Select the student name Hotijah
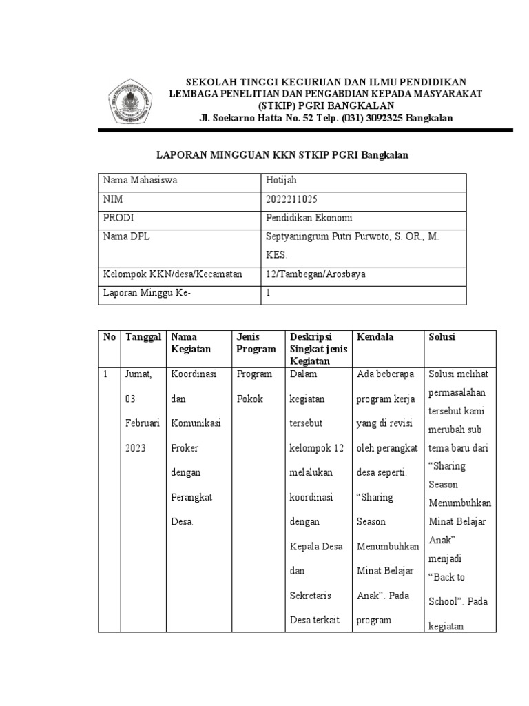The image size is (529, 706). click(280, 181)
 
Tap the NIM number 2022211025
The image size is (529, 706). click(292, 199)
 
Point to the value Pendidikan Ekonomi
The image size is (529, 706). click(309, 218)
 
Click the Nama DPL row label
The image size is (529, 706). click(126, 236)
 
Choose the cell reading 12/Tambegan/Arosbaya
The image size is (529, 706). click(315, 274)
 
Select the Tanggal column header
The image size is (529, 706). click(143, 337)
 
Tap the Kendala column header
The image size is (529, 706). click(375, 337)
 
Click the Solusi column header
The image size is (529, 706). click(442, 337)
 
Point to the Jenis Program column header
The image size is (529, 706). click(256, 343)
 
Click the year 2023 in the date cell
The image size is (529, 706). click(136, 448)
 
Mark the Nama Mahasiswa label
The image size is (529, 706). click(140, 181)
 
